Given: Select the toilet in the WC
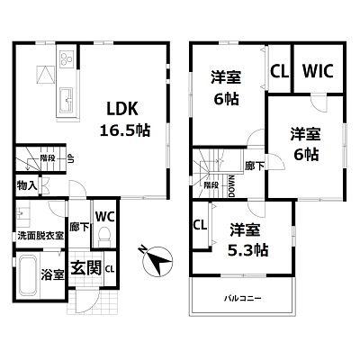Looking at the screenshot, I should point(104,236).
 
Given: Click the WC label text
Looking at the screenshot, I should point(103,217).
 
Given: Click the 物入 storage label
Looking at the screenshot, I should point(26,186).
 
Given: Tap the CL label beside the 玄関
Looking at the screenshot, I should point(110,269).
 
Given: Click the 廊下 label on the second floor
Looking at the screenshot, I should point(255,166).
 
